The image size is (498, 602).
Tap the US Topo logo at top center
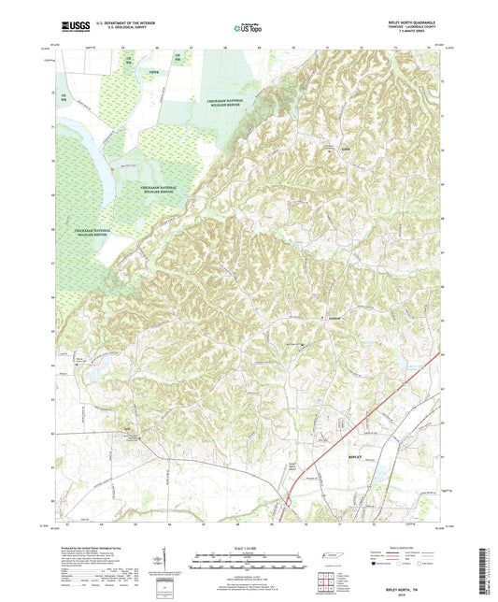click(x=246, y=30)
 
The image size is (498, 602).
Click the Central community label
click(x=336, y=319)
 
